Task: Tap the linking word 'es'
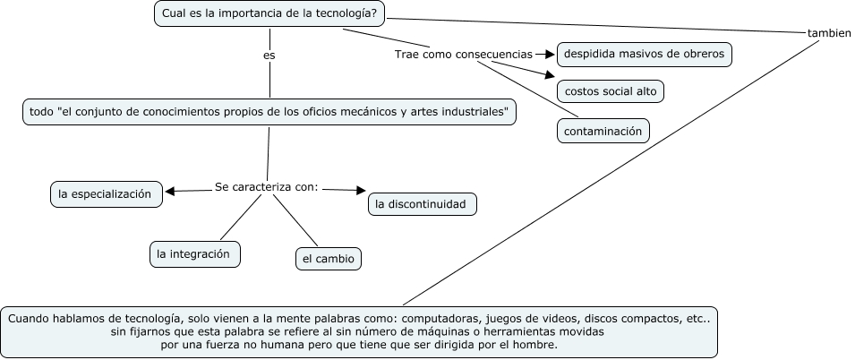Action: tap(269, 56)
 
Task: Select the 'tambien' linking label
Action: tap(828, 32)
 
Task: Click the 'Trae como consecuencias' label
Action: tap(464, 55)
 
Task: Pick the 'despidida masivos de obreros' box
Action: tap(643, 55)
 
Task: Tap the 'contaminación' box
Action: tap(603, 131)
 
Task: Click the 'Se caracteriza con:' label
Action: tap(267, 187)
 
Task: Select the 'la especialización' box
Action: tap(106, 193)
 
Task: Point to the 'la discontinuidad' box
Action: tap(422, 204)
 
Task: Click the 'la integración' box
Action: tap(194, 254)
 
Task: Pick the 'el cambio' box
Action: tap(328, 260)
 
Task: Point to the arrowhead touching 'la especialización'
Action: tap(169, 190)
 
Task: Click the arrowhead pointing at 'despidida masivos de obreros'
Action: tap(551, 55)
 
